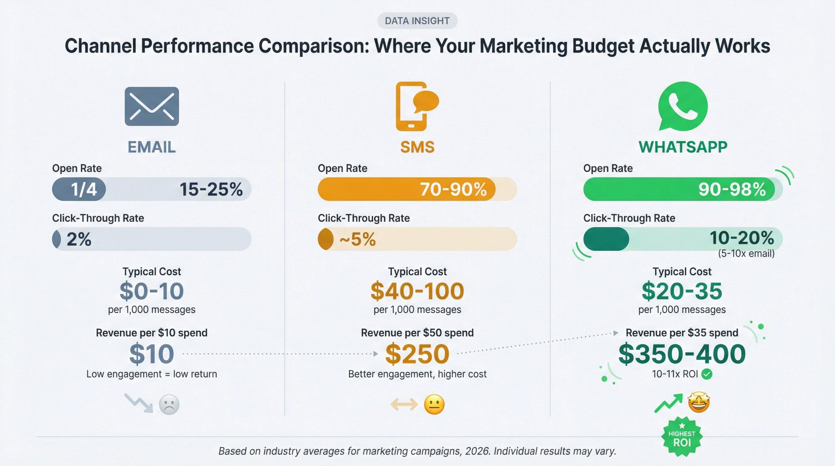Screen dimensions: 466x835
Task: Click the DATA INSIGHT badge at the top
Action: [x=417, y=21]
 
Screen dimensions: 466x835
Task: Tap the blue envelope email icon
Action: [x=152, y=106]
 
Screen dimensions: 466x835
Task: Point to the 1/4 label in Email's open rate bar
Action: [x=83, y=190]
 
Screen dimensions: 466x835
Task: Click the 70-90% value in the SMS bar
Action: [x=453, y=190]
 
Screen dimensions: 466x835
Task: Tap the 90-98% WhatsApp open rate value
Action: [x=731, y=190]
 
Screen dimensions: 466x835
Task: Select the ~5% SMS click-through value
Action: [x=357, y=240]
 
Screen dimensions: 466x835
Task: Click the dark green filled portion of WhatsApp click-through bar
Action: [x=606, y=239]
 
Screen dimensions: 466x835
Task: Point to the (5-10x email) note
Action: [x=746, y=253]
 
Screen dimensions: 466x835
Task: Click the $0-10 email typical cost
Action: [x=152, y=291]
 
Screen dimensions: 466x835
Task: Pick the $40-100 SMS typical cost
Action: [x=417, y=291]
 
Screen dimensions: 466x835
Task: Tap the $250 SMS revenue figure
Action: [x=417, y=354]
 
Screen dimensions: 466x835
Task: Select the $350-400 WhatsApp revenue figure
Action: [x=682, y=354]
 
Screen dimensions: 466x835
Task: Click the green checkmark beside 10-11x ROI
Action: [x=707, y=374]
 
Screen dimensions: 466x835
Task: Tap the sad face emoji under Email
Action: [x=169, y=404]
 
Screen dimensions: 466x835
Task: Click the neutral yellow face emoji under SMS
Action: [x=434, y=404]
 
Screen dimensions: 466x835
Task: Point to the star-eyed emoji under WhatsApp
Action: [x=699, y=403]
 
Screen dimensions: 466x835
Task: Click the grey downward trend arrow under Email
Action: [x=139, y=403]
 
